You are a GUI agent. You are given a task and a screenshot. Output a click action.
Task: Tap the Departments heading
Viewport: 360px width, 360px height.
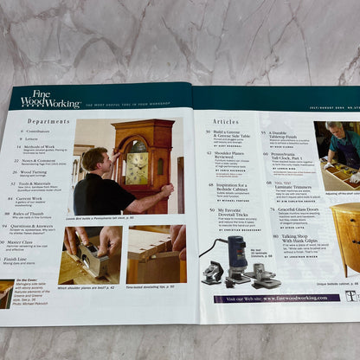point(48,122)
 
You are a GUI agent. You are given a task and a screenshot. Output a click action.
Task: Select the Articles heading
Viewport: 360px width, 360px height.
point(226,123)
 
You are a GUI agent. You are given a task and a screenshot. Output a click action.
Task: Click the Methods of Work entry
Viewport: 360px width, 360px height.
point(41,148)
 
